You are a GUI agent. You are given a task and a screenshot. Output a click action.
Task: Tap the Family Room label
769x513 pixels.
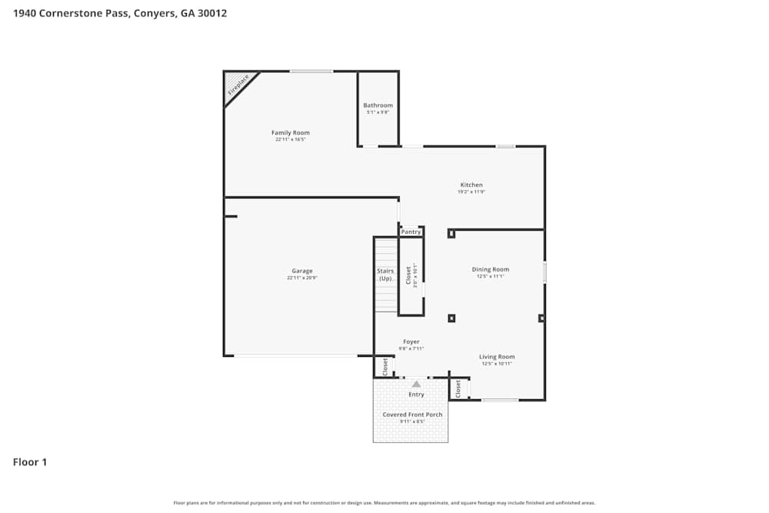tap(291, 133)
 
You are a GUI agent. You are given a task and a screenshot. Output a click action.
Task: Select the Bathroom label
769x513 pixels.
tap(378, 105)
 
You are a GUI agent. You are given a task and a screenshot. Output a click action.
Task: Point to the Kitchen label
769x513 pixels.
tap(471, 185)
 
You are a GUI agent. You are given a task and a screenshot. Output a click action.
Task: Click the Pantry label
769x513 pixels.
tap(411, 232)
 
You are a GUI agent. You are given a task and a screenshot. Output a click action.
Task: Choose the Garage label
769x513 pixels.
tap(302, 271)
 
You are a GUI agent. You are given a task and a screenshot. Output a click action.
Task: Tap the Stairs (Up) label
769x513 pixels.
tap(385, 275)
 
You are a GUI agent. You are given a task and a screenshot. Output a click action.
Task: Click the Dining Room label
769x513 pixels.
tap(491, 270)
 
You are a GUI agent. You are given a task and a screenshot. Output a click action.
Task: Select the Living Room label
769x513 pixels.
tap(497, 357)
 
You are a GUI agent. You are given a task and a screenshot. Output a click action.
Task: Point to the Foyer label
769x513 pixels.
tap(411, 341)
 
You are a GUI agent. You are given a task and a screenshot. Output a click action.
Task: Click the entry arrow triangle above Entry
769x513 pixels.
tap(416, 383)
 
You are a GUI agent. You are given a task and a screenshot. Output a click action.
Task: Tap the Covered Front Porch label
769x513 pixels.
tap(412, 415)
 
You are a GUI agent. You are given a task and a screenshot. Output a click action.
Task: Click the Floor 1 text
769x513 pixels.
tap(30, 462)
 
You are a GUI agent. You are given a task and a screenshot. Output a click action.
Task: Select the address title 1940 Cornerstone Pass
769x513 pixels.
tap(119, 13)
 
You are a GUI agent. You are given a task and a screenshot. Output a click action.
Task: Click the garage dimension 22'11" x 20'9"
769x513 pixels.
tap(302, 278)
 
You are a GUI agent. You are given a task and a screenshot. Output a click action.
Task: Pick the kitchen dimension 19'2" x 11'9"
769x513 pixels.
tap(471, 192)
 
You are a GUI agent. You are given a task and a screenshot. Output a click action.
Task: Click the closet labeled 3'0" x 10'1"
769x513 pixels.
tap(411, 275)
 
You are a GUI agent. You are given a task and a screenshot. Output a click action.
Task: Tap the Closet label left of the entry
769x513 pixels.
tap(385, 366)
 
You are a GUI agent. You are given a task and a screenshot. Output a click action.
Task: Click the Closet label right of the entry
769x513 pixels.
tap(458, 388)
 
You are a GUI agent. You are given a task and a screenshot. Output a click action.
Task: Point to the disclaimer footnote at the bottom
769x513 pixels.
tap(384, 502)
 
